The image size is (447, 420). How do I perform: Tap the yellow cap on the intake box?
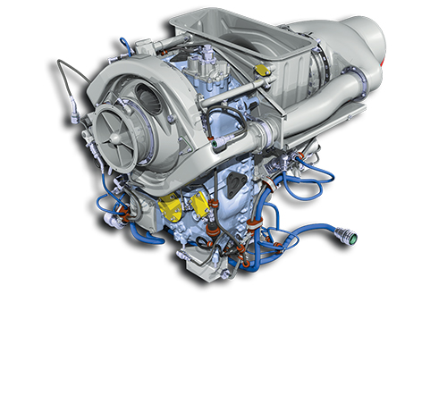coord(259,69)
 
